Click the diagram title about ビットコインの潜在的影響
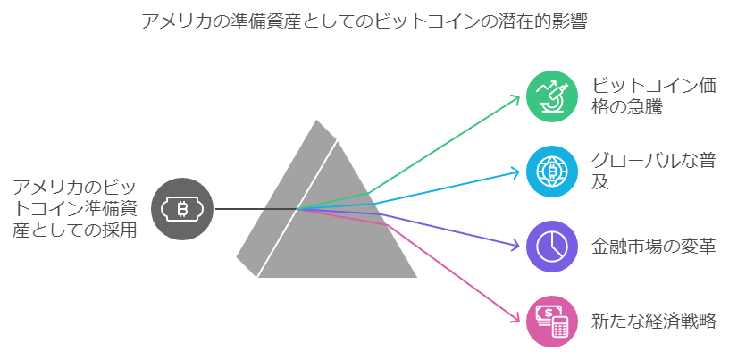[x=364, y=21]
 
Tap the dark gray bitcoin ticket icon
[x=182, y=209]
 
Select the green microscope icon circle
[x=552, y=96]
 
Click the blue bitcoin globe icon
[x=552, y=172]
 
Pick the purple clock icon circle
[x=552, y=247]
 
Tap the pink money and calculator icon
[x=552, y=322]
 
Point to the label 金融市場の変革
[x=653, y=247]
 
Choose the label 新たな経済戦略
[x=653, y=322]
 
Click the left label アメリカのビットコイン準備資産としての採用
[x=75, y=209]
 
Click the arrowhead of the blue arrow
[x=515, y=172]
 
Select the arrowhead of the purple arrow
[x=515, y=246]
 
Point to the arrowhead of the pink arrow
[x=515, y=319]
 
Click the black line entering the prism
[x=256, y=209]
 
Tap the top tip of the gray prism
[x=316, y=120]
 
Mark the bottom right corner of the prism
[x=416, y=277]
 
